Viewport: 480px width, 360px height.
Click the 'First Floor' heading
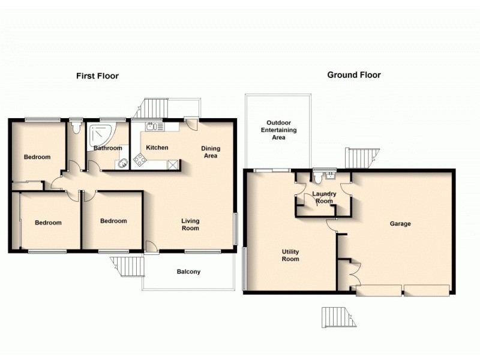[97, 76]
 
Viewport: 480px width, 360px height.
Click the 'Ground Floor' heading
[353, 75]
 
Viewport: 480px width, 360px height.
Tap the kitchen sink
[152, 126]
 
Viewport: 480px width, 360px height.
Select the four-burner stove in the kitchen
[140, 160]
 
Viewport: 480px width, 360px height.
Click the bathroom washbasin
[123, 162]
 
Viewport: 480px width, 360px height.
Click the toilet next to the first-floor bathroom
[75, 127]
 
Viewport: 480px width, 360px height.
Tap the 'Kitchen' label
[157, 148]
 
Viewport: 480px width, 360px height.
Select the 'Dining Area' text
[210, 152]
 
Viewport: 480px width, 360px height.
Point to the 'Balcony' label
[188, 272]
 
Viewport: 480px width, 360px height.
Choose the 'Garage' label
[400, 224]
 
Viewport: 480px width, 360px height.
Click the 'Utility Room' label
[290, 256]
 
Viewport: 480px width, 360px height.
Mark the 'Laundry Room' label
[324, 197]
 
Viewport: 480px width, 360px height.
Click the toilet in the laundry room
[318, 177]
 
